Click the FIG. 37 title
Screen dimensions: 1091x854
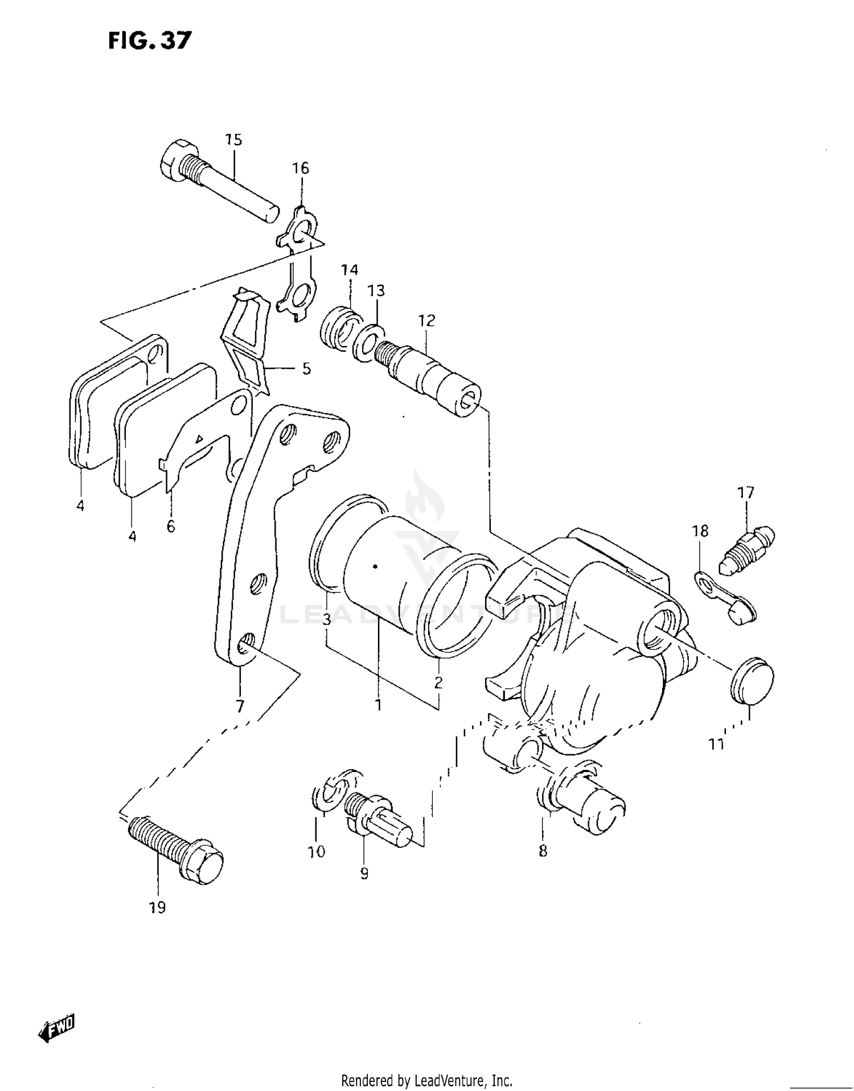(x=150, y=40)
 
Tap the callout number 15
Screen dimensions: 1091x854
(x=233, y=140)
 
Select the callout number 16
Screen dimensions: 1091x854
(x=301, y=169)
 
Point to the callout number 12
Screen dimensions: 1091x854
(x=426, y=321)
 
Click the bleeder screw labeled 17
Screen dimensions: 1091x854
(x=747, y=545)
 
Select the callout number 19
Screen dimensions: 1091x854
(x=157, y=908)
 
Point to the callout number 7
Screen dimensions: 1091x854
(x=240, y=706)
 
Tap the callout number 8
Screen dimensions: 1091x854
(x=543, y=851)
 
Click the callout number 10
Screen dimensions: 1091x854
(x=317, y=852)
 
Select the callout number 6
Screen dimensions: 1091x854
(x=171, y=527)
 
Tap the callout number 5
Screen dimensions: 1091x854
(x=306, y=369)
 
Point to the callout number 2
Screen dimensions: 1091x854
(x=438, y=683)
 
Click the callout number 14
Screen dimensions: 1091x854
(x=350, y=270)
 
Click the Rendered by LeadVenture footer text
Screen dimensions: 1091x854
(x=426, y=1080)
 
